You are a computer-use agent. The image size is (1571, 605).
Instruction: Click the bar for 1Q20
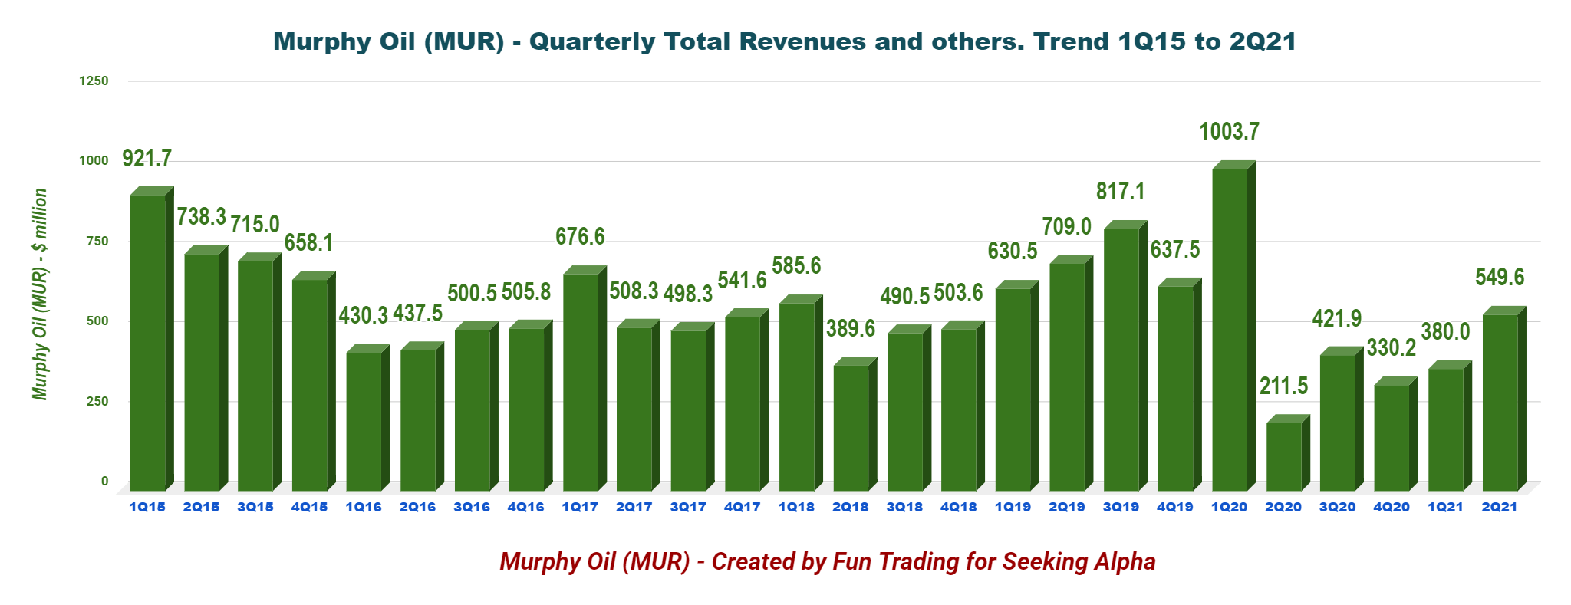[1230, 330]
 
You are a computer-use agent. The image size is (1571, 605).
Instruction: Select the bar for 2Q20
[1283, 456]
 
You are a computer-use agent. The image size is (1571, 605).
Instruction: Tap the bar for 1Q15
[147, 343]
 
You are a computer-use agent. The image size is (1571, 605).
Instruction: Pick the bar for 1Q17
[580, 382]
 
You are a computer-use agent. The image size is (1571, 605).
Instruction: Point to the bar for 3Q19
[1121, 360]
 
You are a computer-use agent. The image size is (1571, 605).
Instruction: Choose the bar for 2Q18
[851, 428]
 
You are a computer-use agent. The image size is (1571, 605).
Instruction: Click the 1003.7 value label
[1229, 132]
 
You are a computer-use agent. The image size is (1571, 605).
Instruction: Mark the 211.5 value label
[1283, 386]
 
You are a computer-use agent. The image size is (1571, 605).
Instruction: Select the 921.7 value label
[147, 159]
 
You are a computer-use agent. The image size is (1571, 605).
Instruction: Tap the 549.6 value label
[1500, 278]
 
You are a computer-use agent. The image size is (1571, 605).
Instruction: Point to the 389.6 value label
[851, 329]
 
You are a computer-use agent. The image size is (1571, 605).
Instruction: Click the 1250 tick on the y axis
[94, 81]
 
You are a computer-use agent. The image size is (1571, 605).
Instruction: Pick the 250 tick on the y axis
[97, 401]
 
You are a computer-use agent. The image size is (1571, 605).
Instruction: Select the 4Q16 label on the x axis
[525, 507]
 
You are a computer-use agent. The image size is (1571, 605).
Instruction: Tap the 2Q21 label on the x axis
[1499, 507]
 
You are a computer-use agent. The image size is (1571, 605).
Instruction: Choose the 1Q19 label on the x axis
[1013, 507]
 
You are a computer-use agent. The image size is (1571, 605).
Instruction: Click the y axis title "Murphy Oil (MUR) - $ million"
[40, 294]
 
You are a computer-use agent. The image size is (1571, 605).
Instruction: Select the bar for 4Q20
[1392, 437]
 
